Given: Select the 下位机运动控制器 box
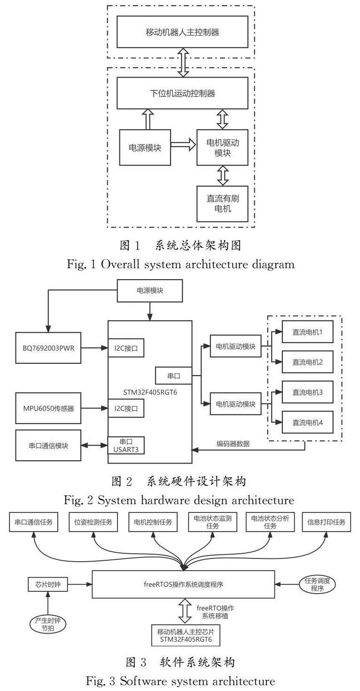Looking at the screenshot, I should point(182,93).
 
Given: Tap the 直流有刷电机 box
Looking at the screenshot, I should point(223,204).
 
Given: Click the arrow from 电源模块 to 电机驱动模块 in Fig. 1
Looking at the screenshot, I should point(183,147).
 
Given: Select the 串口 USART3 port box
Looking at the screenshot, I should point(125,445).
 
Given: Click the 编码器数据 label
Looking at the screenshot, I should point(233,443).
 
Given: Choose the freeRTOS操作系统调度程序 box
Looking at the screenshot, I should point(183,585).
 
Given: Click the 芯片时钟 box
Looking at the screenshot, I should point(47,585).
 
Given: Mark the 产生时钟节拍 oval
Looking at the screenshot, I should point(48,624).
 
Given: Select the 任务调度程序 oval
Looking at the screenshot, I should point(317,585).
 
